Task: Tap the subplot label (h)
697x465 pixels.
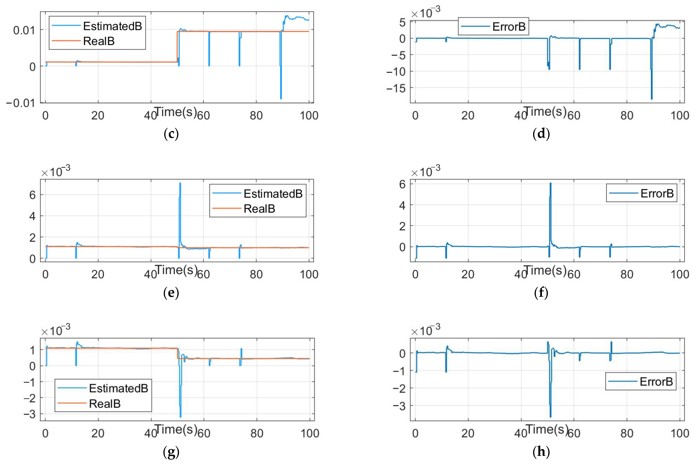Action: tap(541, 452)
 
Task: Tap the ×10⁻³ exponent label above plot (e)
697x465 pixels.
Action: tap(56, 171)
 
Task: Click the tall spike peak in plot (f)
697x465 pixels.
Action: tap(550, 184)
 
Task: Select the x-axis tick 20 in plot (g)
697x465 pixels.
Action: tap(98, 433)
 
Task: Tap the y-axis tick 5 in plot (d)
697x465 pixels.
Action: tap(402, 22)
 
